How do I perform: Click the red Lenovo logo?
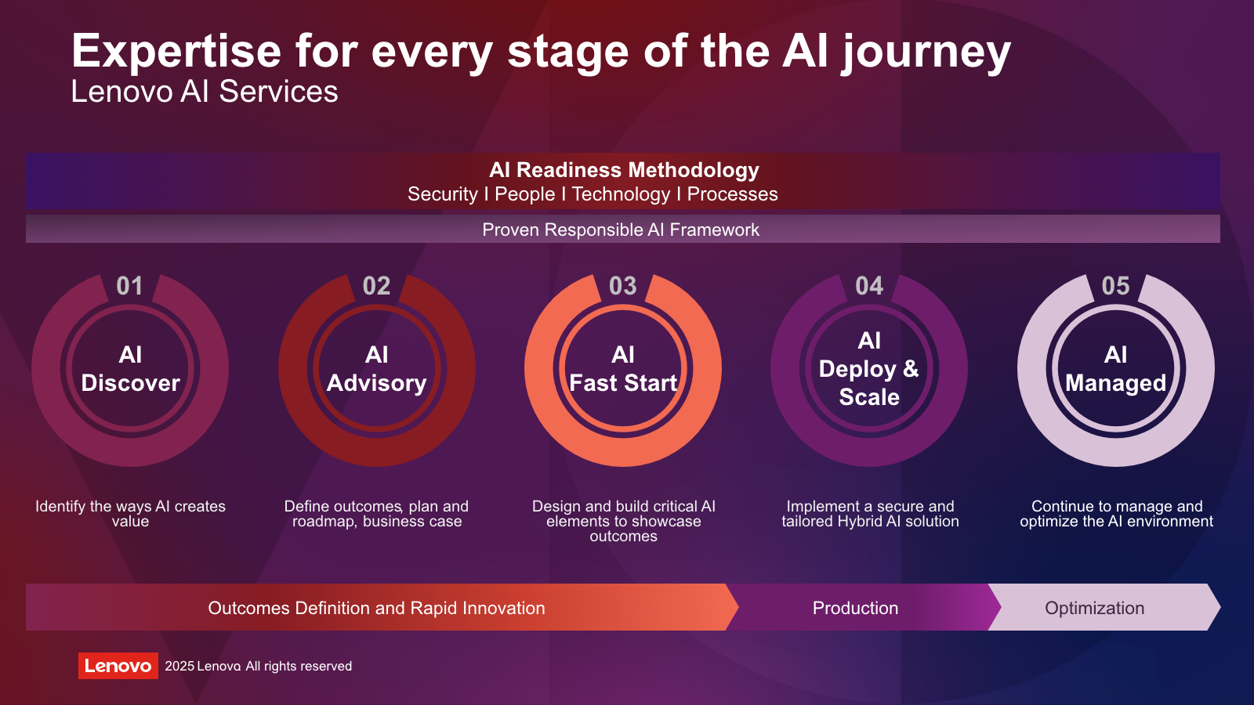point(118,666)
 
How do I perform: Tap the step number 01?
point(129,286)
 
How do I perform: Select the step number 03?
point(622,286)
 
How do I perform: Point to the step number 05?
point(1115,286)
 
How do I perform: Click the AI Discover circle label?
point(130,369)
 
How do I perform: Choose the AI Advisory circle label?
point(377,369)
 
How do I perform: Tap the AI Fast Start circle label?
point(623,369)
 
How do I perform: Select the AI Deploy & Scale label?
point(869,369)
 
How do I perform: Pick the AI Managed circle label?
point(1116,369)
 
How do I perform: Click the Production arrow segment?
point(862,608)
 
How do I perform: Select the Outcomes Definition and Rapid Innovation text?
point(376,608)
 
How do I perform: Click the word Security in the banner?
point(442,194)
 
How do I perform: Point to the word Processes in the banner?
point(732,194)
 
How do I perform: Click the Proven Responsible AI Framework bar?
point(622,229)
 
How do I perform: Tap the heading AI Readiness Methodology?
point(624,169)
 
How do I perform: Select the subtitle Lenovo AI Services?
point(205,91)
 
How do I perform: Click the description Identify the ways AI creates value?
point(130,514)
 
